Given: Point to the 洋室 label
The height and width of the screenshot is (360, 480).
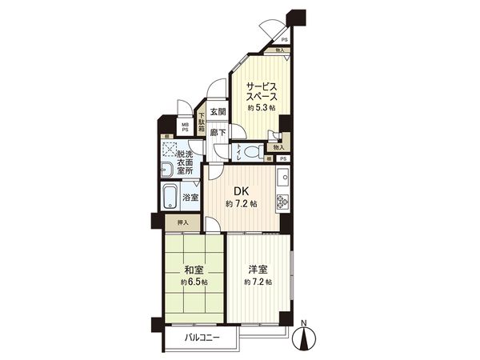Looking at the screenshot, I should (258, 270).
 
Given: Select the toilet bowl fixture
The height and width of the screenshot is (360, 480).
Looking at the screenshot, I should (248, 150).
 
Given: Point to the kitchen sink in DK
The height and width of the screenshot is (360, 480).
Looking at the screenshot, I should (282, 176).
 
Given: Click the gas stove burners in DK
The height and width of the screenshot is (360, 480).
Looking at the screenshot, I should (282, 202).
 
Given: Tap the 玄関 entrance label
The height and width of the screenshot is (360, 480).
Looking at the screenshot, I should (218, 113).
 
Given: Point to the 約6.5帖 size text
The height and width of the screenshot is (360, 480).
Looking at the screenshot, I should (194, 282).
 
